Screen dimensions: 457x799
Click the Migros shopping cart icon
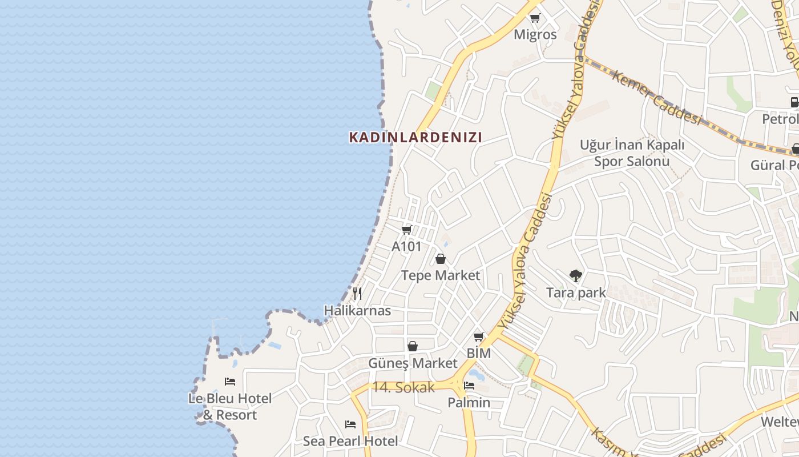point(535,18)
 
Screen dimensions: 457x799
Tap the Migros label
point(535,34)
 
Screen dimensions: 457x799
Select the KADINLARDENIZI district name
point(415,137)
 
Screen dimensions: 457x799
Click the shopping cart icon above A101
point(406,230)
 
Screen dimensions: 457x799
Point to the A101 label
point(406,247)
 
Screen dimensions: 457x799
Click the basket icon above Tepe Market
point(441,259)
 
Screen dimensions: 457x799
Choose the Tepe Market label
point(441,275)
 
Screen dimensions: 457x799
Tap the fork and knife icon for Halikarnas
point(357,294)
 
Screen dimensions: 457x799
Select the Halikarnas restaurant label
point(357,311)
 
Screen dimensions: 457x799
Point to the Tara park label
point(576,293)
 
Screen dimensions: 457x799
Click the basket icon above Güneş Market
point(413,346)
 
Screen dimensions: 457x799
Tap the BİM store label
point(479,354)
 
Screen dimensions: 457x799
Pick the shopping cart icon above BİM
point(479,336)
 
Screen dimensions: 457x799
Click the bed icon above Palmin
point(469,386)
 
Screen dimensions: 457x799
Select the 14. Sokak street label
point(403,387)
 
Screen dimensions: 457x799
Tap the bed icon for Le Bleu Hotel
point(230,381)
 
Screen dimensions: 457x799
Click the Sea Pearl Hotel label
point(350,441)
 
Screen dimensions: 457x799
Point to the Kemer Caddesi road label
point(656,98)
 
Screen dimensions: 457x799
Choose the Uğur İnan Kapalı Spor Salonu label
point(632,153)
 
